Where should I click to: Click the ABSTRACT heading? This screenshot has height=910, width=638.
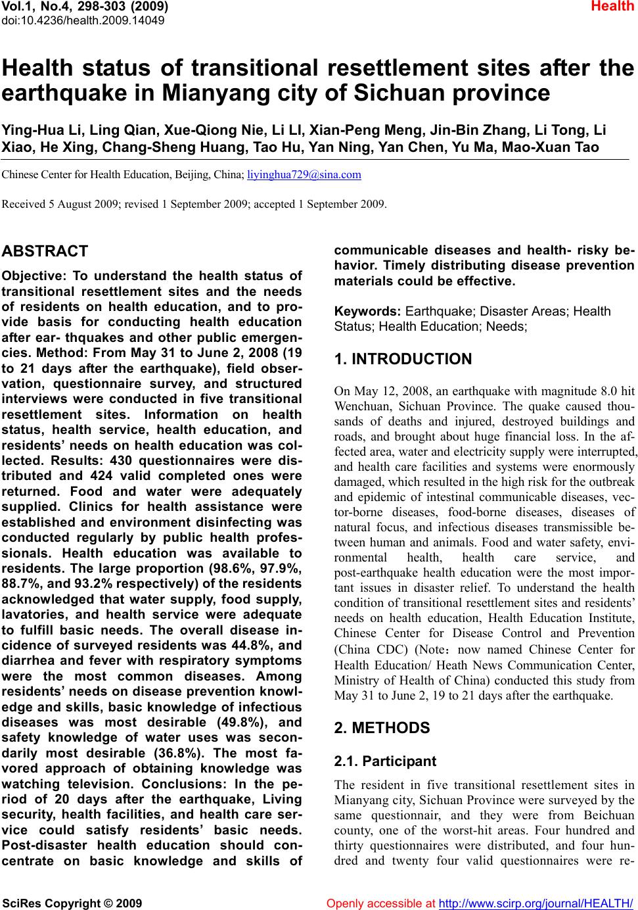(45, 251)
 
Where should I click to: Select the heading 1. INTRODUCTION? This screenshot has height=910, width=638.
(403, 360)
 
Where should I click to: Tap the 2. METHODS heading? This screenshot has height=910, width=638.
(382, 728)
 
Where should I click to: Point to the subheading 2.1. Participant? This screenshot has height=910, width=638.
(385, 761)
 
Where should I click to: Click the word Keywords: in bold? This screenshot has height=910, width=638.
(368, 311)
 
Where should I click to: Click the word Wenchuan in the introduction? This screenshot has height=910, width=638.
(361, 405)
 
